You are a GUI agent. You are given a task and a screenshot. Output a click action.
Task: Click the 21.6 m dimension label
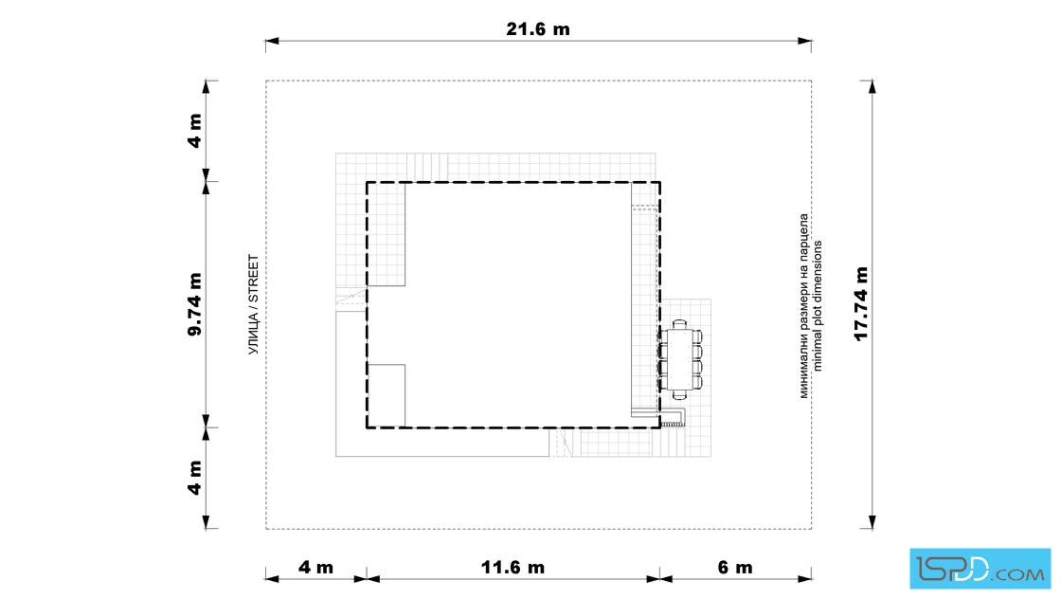point(538,29)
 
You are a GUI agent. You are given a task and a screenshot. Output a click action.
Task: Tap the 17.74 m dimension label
point(861,304)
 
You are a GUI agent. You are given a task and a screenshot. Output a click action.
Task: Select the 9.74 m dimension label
point(195,304)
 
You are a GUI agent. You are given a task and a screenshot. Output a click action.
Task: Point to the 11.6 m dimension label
point(513,567)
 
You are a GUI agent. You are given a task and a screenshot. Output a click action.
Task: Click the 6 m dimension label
point(735,567)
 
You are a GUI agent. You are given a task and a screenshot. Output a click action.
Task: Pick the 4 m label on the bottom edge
point(316,567)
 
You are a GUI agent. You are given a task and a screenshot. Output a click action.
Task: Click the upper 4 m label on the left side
point(195,131)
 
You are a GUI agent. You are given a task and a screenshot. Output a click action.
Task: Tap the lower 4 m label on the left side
point(195,478)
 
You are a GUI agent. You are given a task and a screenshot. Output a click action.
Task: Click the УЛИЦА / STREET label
point(254,304)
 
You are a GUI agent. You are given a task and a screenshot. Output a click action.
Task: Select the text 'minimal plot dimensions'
point(818,306)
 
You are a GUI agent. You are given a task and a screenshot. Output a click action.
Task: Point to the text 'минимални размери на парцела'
point(804,306)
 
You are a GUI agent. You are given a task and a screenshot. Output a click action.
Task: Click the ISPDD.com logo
point(980,569)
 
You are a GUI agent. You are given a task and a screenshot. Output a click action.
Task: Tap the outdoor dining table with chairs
point(681,359)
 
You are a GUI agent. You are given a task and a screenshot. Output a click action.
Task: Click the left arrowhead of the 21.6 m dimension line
point(271,42)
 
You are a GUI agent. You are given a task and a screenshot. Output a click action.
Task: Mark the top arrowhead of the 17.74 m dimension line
point(872,86)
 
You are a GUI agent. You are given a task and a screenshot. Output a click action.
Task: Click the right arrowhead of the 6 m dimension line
point(805,579)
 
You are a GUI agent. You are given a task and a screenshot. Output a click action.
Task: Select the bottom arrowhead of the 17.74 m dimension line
point(872,522)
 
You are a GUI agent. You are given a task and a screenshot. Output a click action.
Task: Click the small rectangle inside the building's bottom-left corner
point(387,396)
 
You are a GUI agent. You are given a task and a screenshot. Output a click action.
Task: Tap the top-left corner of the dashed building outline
point(368,182)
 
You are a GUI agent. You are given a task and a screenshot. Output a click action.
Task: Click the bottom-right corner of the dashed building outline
point(659,427)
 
